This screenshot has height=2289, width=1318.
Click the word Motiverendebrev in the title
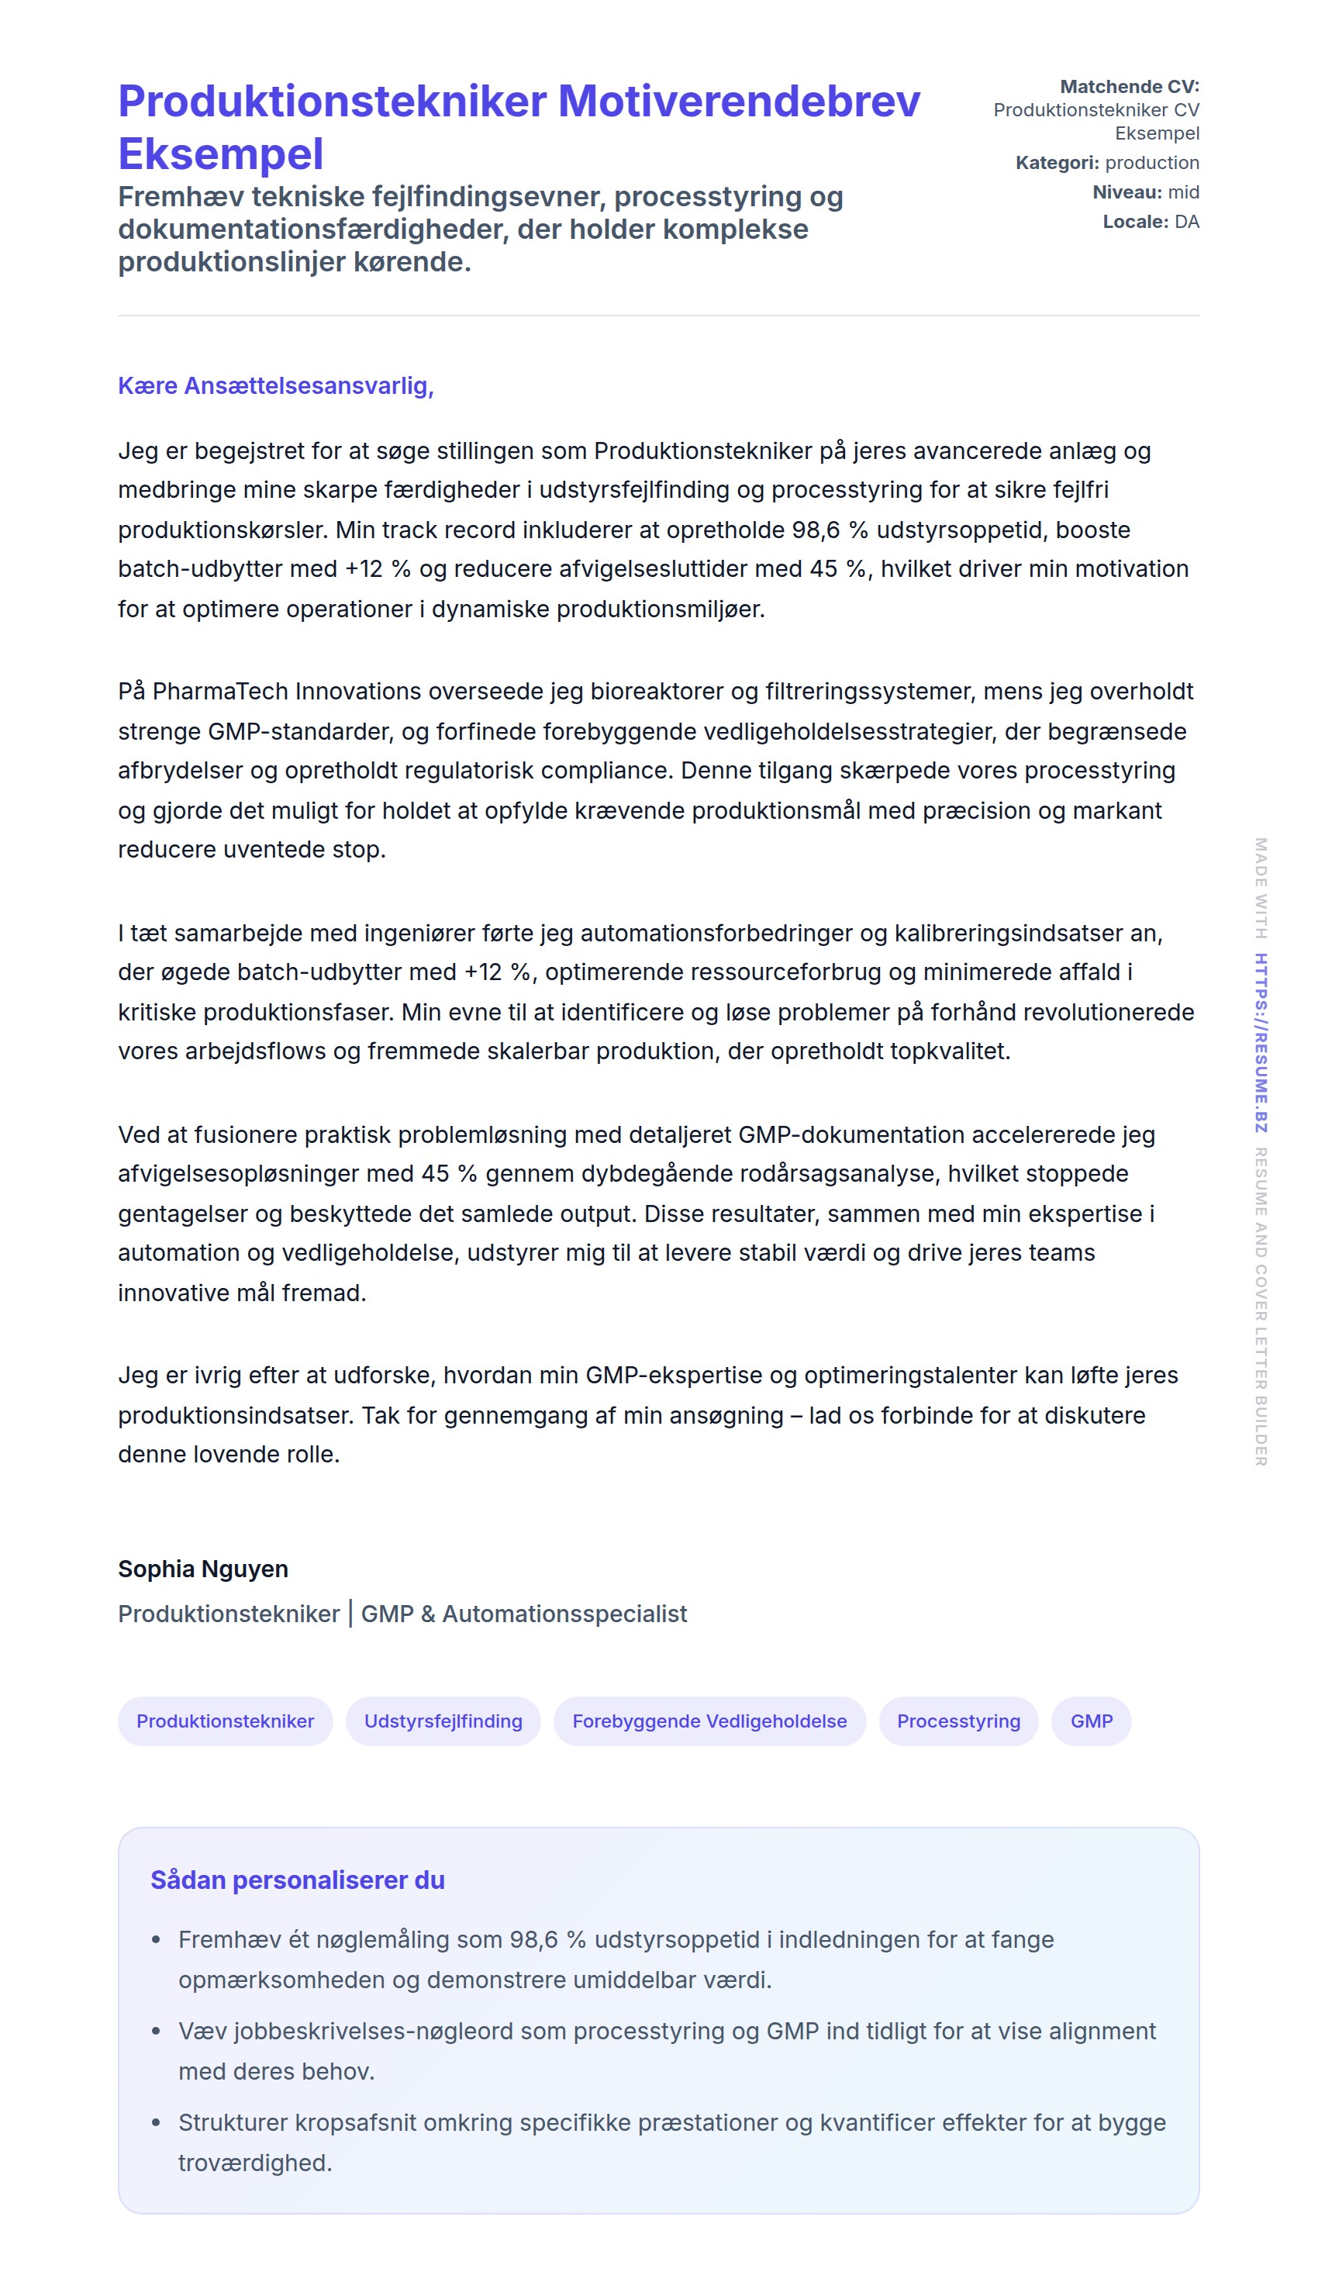(x=738, y=102)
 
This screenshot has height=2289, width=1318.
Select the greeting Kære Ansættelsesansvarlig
(x=275, y=385)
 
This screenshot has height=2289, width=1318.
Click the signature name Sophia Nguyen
(x=203, y=1569)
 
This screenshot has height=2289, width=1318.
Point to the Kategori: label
(x=1057, y=163)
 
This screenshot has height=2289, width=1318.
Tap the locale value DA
(x=1186, y=222)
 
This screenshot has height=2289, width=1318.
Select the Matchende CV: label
(x=1129, y=87)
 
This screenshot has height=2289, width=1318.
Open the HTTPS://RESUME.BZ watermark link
(x=1260, y=1042)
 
